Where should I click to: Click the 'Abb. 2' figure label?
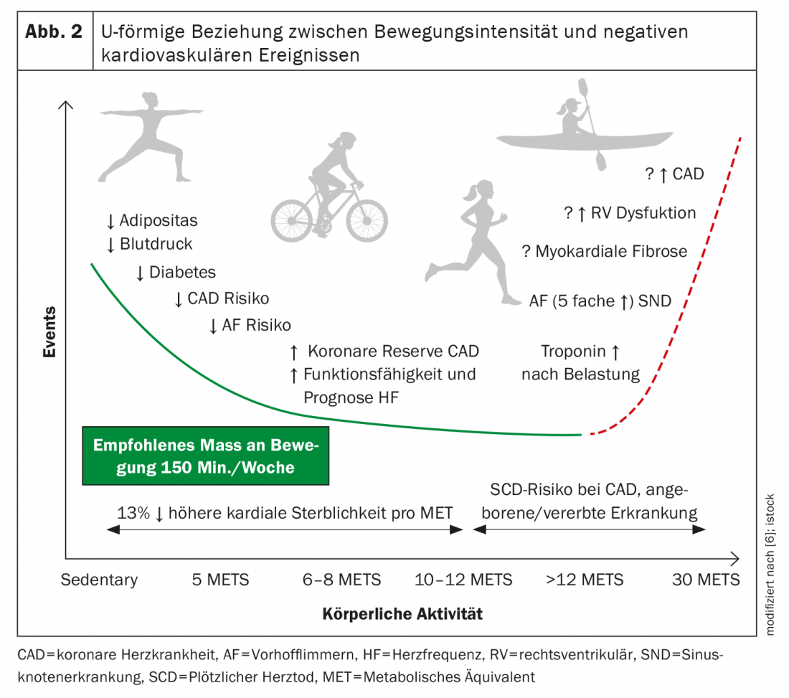click(54, 33)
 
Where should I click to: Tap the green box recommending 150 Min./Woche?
click(205, 456)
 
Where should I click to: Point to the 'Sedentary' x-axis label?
click(99, 580)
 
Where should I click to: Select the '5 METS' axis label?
click(221, 580)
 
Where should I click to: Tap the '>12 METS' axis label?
click(584, 580)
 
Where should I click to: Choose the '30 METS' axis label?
click(706, 580)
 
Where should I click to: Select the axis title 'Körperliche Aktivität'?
click(402, 614)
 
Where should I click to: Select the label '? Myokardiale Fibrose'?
click(604, 252)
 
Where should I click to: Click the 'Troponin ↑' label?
click(580, 352)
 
